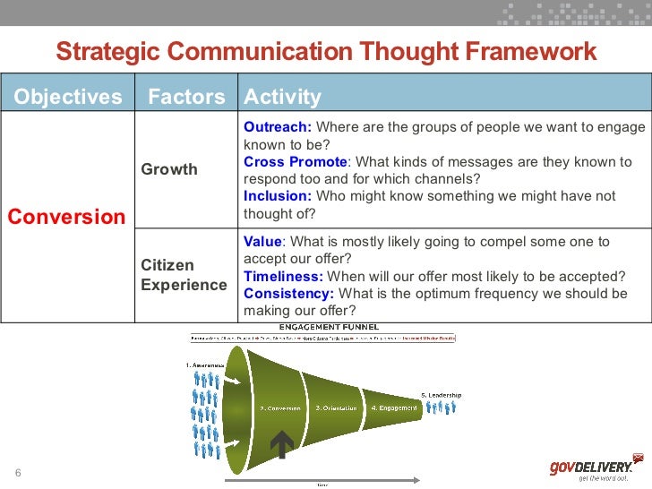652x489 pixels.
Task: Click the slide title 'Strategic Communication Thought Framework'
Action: coord(326,51)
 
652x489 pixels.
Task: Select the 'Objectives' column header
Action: coord(68,97)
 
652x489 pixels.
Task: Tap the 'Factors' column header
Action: coord(186,97)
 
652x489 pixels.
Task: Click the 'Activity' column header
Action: coord(282,97)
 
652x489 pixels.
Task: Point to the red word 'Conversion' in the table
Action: coord(67,217)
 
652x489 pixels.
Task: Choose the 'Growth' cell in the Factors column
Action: coord(169,169)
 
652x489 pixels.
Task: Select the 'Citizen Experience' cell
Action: coord(184,275)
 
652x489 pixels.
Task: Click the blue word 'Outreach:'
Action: coord(278,126)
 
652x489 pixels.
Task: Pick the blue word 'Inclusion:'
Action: coord(278,196)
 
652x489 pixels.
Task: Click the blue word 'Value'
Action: coord(262,242)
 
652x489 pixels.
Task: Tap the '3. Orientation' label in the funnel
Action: coord(336,408)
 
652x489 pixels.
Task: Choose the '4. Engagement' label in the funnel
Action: coord(394,408)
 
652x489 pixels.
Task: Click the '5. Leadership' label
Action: coord(441,395)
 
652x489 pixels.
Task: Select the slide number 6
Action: coord(17,473)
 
